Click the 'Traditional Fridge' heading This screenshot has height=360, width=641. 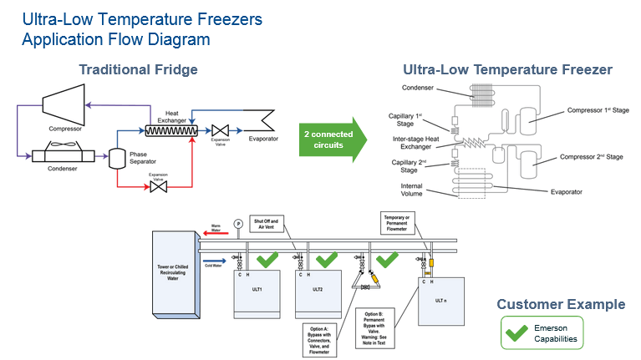(x=138, y=69)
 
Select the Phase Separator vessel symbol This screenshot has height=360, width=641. (x=119, y=156)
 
